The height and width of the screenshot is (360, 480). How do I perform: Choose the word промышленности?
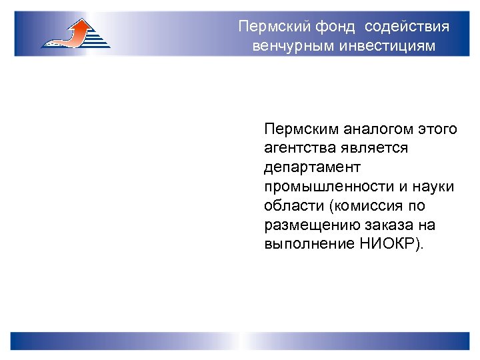(325, 187)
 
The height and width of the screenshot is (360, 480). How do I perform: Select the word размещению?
(303, 225)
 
